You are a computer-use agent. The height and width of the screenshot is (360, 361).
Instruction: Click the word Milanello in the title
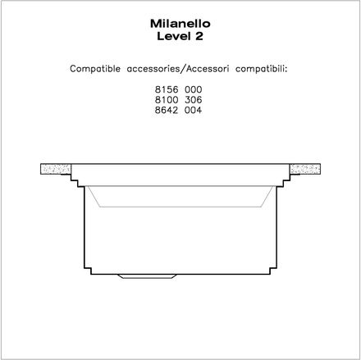(180, 24)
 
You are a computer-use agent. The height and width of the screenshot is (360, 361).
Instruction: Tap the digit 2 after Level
(199, 36)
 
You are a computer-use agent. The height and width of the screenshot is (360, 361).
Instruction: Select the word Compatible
(95, 69)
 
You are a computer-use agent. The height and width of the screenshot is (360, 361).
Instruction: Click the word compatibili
(261, 69)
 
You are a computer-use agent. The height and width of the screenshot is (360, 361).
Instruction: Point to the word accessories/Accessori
(178, 69)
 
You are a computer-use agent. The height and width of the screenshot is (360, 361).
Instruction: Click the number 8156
(167, 89)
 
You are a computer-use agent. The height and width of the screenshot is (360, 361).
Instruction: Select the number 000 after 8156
(194, 89)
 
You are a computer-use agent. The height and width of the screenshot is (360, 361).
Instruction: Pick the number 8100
(167, 100)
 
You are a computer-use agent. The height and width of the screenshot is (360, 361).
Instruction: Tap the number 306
(194, 100)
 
